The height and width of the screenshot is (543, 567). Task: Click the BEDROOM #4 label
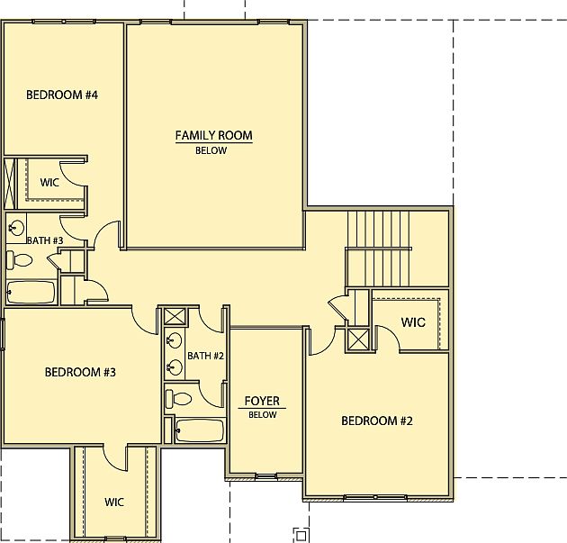tap(61, 95)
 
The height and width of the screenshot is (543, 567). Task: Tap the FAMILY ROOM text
tap(213, 136)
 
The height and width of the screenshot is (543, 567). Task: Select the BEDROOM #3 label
tap(80, 372)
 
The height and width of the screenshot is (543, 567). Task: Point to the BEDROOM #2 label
tap(376, 421)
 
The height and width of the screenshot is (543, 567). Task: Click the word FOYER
tap(262, 402)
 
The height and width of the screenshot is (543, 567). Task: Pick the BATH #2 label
tap(205, 356)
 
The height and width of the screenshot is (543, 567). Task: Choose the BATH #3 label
tap(44, 240)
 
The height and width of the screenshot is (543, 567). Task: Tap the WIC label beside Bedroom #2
tap(413, 322)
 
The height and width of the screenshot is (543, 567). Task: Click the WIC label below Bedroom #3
tap(114, 502)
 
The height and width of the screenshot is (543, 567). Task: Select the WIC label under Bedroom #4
tap(50, 182)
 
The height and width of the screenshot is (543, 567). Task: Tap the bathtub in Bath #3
tap(31, 293)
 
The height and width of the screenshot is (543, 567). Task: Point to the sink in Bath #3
tap(16, 226)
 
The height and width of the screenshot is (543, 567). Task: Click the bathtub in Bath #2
tap(199, 430)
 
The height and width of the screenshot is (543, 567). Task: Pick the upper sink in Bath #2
tap(175, 340)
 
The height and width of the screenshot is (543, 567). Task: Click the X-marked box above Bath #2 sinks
tap(174, 316)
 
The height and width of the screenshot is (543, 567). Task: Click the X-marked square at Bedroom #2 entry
tap(357, 339)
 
